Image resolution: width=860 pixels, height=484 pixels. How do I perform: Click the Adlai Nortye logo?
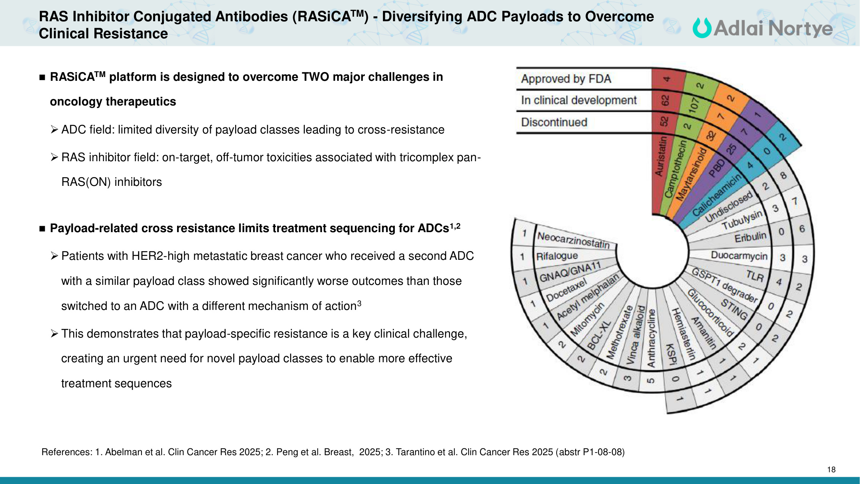762,28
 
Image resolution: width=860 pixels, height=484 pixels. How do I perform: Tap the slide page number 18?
831,470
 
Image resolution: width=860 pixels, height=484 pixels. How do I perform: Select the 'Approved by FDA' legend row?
566,79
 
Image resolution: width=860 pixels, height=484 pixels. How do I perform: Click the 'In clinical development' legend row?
579,100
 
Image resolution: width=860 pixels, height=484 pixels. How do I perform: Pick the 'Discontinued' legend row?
554,122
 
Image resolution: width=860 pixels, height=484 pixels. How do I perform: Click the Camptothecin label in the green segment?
675,169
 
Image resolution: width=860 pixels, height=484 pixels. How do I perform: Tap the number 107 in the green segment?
694,104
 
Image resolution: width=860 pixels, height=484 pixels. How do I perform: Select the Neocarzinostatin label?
573,240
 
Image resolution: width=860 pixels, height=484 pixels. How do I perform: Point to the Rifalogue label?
557,256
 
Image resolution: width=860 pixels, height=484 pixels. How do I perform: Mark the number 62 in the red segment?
665,101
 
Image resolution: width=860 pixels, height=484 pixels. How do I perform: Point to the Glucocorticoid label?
710,313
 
